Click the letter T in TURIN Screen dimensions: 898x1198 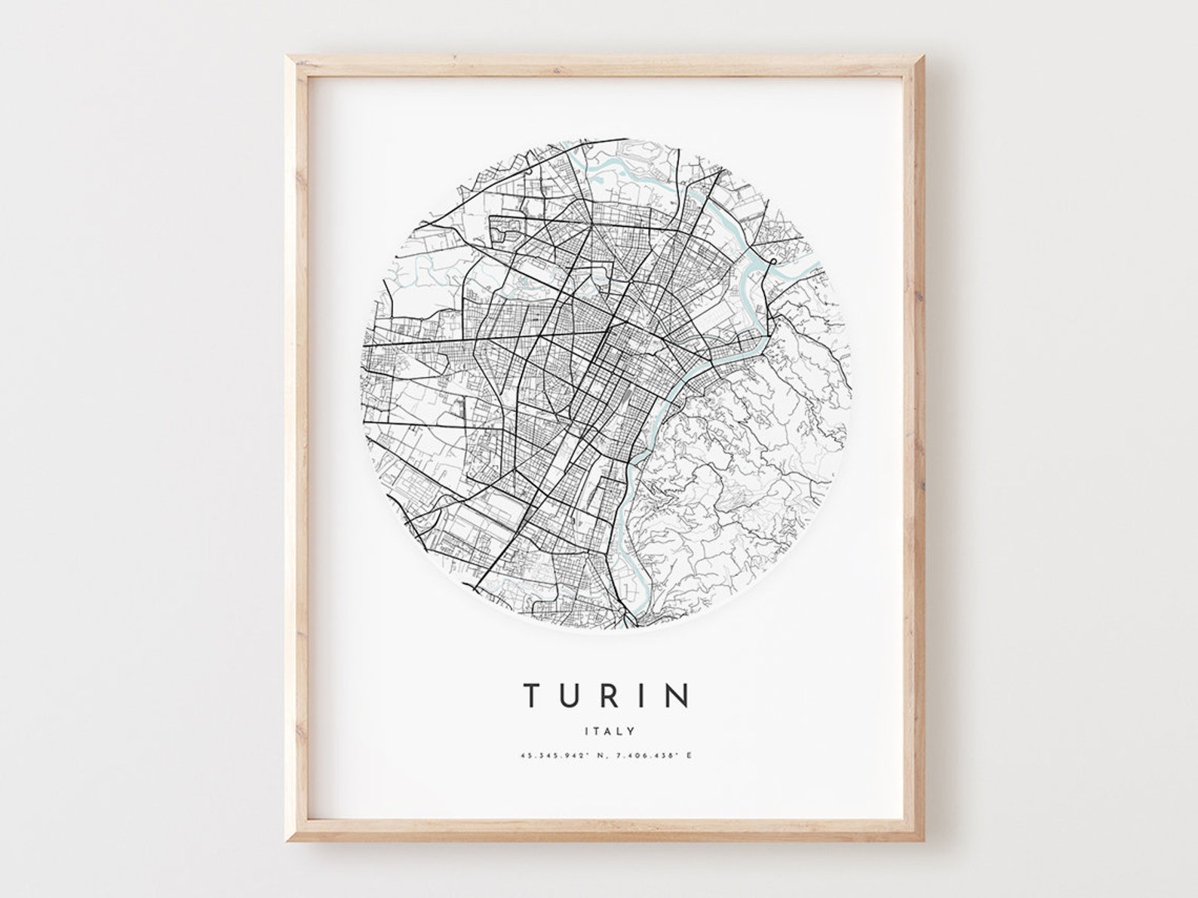(x=532, y=696)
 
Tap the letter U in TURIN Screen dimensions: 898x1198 (x=571, y=696)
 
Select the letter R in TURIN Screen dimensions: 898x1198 (x=611, y=696)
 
